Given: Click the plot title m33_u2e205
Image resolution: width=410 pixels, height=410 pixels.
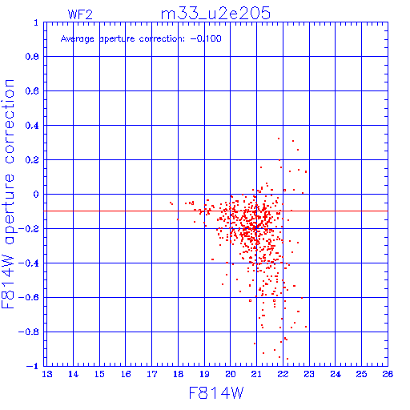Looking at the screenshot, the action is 215,14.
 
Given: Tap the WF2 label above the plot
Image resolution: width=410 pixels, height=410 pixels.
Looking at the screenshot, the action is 80,14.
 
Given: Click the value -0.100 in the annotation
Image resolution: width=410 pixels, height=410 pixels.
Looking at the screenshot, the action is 206,39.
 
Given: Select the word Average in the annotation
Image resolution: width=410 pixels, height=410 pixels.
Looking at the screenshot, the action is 78,39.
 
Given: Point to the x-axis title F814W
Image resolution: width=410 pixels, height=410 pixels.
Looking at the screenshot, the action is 216,393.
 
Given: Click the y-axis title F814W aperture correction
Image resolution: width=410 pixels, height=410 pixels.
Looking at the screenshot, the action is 8,194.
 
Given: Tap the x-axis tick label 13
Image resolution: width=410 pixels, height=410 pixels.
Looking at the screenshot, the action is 47,374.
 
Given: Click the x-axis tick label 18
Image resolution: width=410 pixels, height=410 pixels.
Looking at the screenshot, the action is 178,374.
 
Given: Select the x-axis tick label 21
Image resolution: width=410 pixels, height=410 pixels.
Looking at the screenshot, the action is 256,374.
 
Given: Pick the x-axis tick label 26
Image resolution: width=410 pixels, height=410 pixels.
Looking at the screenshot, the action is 388,374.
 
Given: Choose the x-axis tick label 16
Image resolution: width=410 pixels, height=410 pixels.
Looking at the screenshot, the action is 126,374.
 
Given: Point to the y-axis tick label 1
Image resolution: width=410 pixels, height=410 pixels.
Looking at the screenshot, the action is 36,22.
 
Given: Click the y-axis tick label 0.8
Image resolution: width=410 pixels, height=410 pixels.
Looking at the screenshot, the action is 32,57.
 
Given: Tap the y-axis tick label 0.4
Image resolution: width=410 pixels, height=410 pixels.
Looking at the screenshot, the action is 32,126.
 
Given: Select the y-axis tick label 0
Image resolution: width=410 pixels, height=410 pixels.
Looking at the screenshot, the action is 36,195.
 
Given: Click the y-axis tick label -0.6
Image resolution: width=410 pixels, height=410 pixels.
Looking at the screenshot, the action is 29,298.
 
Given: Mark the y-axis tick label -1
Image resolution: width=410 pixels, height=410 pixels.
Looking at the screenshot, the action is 33,366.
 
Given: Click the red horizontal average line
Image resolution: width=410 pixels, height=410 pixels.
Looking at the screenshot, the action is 215,211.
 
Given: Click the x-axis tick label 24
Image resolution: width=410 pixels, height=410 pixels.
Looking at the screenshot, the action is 336,374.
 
